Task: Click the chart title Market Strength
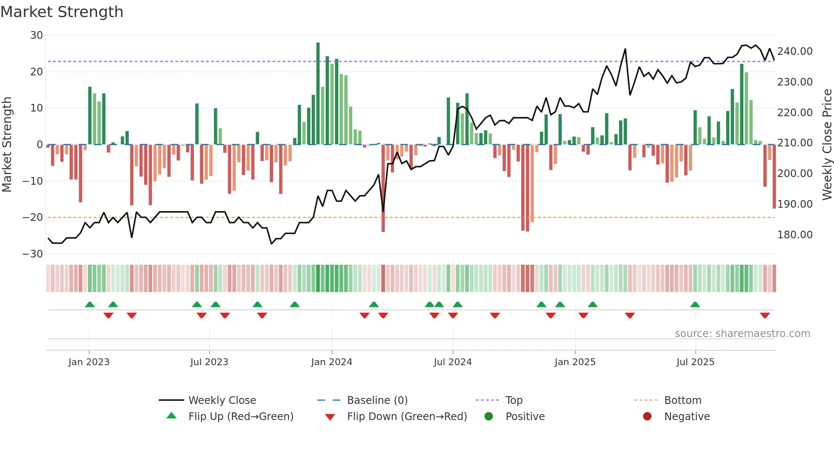62,12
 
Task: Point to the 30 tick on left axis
37,35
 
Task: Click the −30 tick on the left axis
33,254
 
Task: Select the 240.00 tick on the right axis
794,51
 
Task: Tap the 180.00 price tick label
794,235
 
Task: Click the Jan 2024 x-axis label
331,362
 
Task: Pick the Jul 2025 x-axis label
695,362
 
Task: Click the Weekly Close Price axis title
827,145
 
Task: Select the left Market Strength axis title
7,145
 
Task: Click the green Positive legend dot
488,417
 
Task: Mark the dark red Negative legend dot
647,417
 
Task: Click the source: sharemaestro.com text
742,334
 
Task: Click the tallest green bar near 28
318,94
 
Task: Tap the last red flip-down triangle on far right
765,315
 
